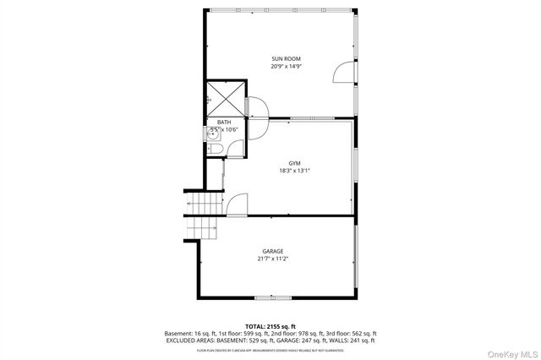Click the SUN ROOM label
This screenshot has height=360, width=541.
pos(286,58)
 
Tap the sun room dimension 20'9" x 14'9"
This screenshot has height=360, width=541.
pos(286,66)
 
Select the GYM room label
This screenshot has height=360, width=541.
pos(294,163)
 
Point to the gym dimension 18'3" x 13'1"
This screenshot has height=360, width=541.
pos(294,171)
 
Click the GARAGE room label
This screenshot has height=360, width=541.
pos(272,251)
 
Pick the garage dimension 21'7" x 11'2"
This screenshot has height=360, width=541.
pos(272,259)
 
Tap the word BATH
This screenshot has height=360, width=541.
pos(224,123)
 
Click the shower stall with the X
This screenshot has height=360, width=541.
pos(225,98)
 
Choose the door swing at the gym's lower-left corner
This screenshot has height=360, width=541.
pos(237,205)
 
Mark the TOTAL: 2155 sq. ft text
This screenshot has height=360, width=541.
pos(271,326)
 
